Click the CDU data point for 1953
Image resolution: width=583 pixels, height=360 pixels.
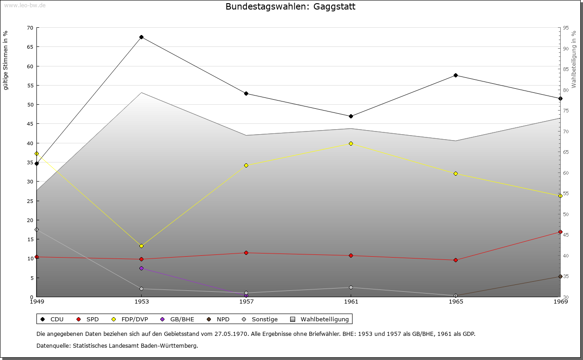[x=142, y=37]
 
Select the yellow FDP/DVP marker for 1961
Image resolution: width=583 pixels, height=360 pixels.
[x=351, y=143]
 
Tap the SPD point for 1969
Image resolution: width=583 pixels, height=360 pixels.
[x=560, y=232]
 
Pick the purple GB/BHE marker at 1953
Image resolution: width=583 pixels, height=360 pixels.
[x=142, y=268]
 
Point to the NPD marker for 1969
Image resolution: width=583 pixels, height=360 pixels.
[x=560, y=276]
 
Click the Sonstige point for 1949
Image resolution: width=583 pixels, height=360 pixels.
[x=36, y=229]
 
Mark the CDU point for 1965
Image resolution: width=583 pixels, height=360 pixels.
[x=455, y=75]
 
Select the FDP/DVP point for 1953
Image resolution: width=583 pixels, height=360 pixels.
[x=142, y=246]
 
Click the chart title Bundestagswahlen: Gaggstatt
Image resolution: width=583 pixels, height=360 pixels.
[x=290, y=7]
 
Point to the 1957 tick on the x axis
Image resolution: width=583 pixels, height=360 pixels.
[x=246, y=301]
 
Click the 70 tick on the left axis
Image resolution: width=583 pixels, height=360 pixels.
[x=30, y=28]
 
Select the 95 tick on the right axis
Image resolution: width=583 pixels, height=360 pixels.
[x=566, y=28]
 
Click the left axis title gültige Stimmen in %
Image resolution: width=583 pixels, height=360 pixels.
[x=6, y=60]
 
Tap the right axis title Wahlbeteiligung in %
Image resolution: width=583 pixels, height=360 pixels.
[x=573, y=60]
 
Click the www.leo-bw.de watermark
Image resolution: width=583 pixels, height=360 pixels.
[x=24, y=5]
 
